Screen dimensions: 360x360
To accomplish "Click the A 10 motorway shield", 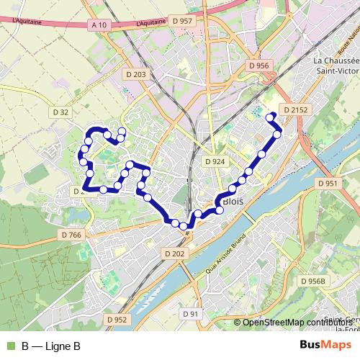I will coord(99,24).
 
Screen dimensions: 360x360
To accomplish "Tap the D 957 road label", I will coord(183,21).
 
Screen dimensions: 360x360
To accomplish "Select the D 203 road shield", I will coord(140,74).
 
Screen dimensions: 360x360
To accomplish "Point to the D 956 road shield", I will coord(258,66).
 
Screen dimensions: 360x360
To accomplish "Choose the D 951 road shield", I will coord(328,184).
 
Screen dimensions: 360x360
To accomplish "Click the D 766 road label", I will coord(72,235).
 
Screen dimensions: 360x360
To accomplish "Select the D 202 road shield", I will coord(175,253).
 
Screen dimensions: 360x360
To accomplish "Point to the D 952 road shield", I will coord(116,319).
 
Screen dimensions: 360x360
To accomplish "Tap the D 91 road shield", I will coord(190,313).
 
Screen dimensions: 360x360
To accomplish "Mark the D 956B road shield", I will coord(314,280).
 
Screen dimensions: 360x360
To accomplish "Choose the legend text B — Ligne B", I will coord(50,346).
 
